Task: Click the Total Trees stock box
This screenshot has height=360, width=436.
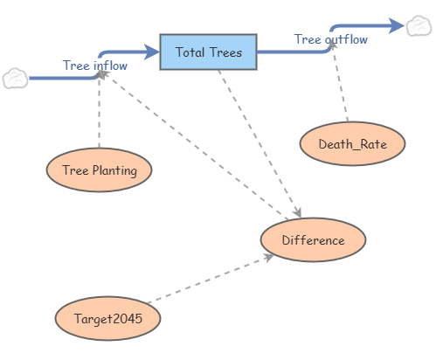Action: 208,52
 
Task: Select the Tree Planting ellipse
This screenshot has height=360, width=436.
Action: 99,170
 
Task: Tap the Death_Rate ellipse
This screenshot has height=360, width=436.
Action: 352,143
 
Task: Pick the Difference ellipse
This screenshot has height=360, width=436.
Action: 313,239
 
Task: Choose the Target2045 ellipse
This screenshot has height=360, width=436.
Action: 107,318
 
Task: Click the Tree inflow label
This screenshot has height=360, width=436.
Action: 95,66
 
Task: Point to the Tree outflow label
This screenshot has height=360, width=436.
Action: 331,39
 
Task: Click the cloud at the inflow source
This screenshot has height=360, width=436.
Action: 16,79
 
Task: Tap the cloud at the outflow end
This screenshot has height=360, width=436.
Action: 419,26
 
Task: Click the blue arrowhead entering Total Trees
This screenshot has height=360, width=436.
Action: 152,52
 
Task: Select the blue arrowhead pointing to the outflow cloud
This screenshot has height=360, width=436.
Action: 397,25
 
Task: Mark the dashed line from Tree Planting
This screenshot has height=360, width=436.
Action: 100,110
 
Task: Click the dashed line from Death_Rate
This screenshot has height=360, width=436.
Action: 340,82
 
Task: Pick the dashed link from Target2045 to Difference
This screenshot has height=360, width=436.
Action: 211,279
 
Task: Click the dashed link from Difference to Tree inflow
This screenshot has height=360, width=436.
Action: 193,145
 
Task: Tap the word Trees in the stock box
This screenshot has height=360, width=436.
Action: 225,52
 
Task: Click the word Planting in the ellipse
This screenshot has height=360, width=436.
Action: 114,170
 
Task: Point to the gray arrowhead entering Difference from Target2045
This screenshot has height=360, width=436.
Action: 268,257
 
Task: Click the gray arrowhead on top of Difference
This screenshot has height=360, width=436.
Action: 298,212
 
